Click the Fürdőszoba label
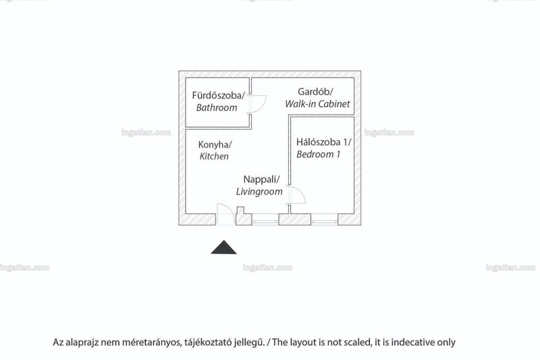[x=218, y=95]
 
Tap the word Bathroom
[x=217, y=107]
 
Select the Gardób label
[x=315, y=92]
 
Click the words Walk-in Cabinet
[x=317, y=104]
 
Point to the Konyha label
[x=215, y=145]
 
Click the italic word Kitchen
[x=214, y=156]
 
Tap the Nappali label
[x=261, y=180]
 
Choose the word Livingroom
[x=259, y=192]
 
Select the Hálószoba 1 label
[x=323, y=142]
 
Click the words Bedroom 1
[x=318, y=155]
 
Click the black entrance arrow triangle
[x=223, y=247]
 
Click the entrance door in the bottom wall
[x=225, y=214]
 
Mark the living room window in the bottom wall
[x=265, y=220]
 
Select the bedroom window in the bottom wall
[x=324, y=220]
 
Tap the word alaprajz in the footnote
[x=82, y=342]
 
